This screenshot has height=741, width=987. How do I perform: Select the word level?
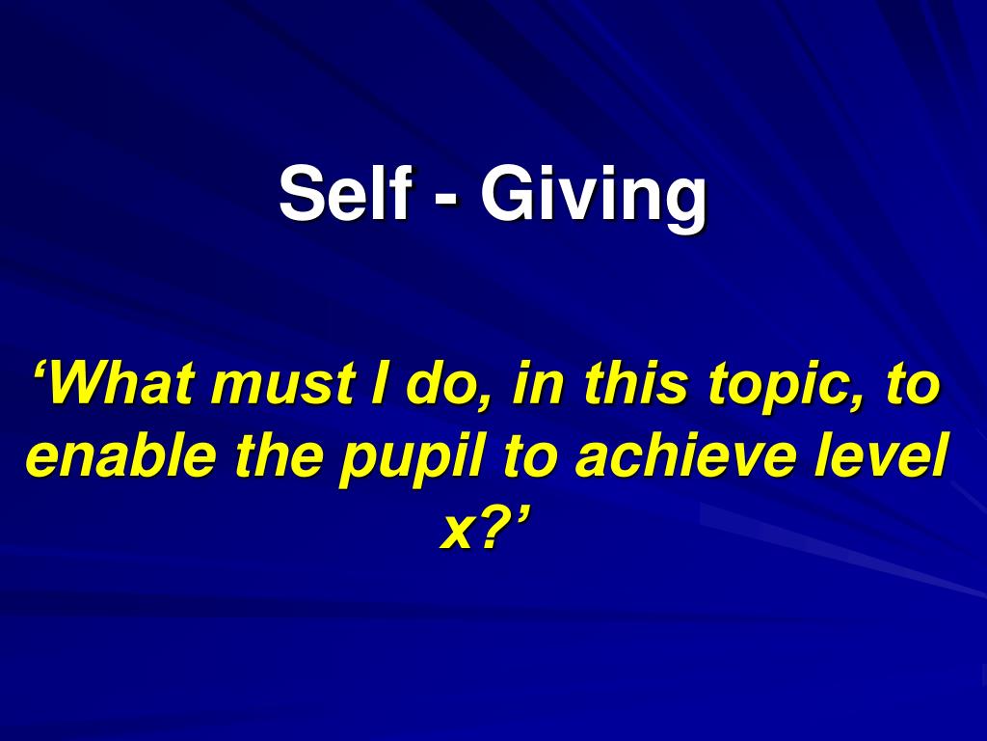(x=882, y=456)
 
